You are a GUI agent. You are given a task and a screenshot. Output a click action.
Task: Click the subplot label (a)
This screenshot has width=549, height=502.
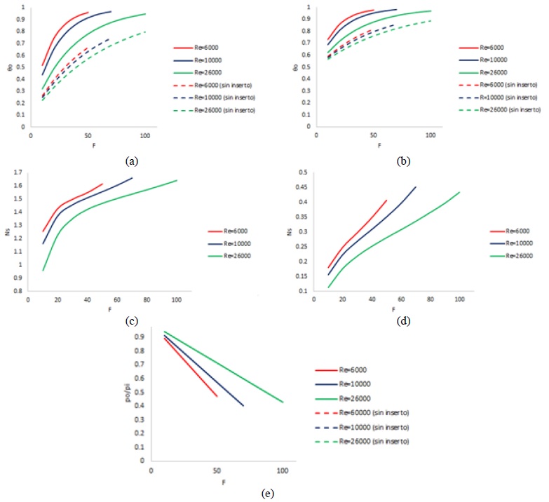pyautogui.click(x=130, y=161)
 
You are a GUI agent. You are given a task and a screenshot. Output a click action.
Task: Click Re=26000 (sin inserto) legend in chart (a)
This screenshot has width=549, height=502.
pyautogui.click(x=219, y=111)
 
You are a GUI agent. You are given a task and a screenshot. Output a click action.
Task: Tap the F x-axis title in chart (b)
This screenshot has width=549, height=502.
pyautogui.click(x=379, y=144)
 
